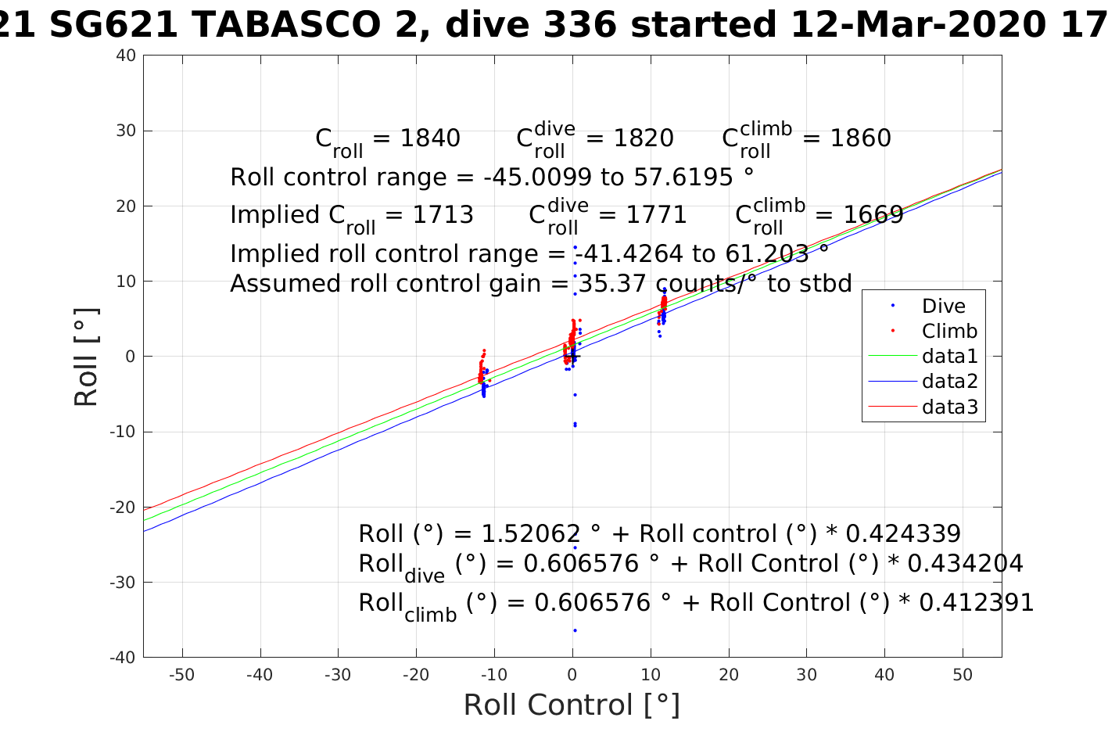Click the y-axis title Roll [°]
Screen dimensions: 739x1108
click(x=87, y=357)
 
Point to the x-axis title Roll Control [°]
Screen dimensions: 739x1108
click(x=572, y=705)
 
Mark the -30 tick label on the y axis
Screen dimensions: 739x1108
click(x=123, y=583)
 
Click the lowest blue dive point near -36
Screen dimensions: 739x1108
click(x=575, y=630)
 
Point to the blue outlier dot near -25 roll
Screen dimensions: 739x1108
click(x=575, y=547)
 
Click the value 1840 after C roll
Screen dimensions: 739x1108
click(x=430, y=138)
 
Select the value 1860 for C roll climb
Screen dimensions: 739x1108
click(x=860, y=138)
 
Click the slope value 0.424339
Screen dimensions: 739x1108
click(x=903, y=534)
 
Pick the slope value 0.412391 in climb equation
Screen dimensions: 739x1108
click(x=977, y=603)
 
